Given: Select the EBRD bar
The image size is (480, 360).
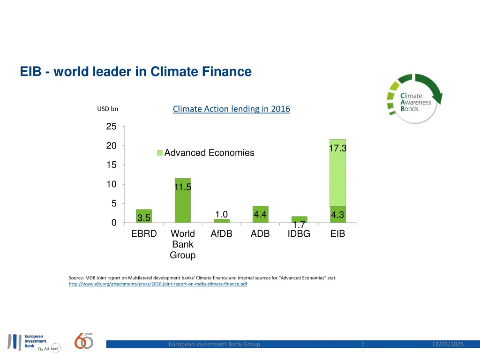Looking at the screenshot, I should click(x=144, y=216).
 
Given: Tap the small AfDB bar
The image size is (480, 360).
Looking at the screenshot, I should click(x=221, y=221).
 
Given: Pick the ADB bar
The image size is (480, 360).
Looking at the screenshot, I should click(x=260, y=214).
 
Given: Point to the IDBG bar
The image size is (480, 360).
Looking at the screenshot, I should click(x=299, y=219).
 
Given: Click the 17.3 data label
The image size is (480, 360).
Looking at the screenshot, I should click(x=337, y=148).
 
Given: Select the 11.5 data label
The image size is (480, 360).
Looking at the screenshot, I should click(x=183, y=187).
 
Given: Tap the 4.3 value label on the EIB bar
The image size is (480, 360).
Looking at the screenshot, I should click(x=337, y=215).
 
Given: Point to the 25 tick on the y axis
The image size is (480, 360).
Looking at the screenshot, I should click(x=111, y=127).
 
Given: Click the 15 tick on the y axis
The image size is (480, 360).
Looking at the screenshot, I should click(x=111, y=165).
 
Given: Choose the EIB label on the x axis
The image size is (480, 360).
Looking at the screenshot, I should click(x=337, y=233).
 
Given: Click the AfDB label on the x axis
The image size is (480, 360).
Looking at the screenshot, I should click(x=221, y=233).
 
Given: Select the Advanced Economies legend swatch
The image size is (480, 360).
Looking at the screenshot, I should click(x=159, y=153).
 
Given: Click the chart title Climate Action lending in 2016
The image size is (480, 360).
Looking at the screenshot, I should click(x=231, y=109).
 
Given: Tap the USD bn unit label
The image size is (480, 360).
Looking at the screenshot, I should click(x=107, y=109).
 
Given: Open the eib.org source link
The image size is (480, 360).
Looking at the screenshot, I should click(x=158, y=284).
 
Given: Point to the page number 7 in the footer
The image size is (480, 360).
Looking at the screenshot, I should click(x=363, y=345).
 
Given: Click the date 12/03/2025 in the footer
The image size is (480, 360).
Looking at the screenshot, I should click(x=448, y=345).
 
